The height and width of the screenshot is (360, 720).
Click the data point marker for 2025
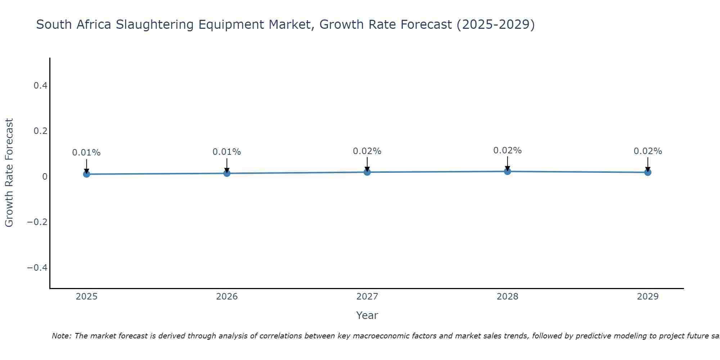[86, 174]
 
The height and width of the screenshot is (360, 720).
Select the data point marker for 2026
[227, 173]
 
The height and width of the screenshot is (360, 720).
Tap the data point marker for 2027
[367, 172]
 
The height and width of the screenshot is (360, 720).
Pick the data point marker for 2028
[507, 171]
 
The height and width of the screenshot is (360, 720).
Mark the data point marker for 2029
[648, 172]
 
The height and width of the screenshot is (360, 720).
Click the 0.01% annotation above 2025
[86, 153]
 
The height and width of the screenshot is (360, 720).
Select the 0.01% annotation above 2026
[227, 152]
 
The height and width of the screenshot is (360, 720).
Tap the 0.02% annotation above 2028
[507, 150]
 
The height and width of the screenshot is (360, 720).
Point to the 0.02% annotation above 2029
[648, 151]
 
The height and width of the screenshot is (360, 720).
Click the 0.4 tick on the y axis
[40, 86]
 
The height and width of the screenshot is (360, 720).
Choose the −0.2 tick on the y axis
[37, 222]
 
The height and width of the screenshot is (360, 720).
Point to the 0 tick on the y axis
[45, 176]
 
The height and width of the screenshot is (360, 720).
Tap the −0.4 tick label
[37, 267]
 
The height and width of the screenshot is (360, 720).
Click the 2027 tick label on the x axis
[367, 297]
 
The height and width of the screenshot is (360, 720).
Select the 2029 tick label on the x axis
[648, 297]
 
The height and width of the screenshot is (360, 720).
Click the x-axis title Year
[367, 315]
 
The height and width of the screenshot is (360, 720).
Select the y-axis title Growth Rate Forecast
[9, 172]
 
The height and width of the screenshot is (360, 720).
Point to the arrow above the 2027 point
[367, 164]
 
